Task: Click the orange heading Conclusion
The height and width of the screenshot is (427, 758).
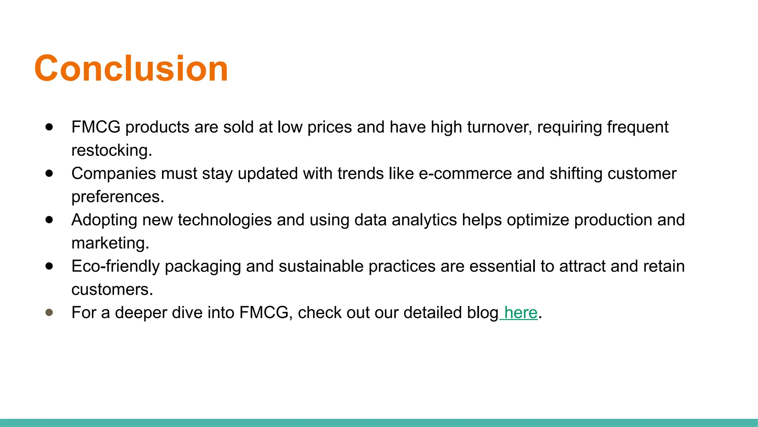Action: [131, 68]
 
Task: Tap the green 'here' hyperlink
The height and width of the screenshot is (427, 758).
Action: [520, 312]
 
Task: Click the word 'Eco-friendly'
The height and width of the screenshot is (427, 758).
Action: [115, 266]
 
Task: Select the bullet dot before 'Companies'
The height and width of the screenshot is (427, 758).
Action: [49, 173]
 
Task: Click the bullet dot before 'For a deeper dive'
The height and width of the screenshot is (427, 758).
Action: [49, 312]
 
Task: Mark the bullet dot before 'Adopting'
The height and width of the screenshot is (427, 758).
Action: [49, 220]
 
